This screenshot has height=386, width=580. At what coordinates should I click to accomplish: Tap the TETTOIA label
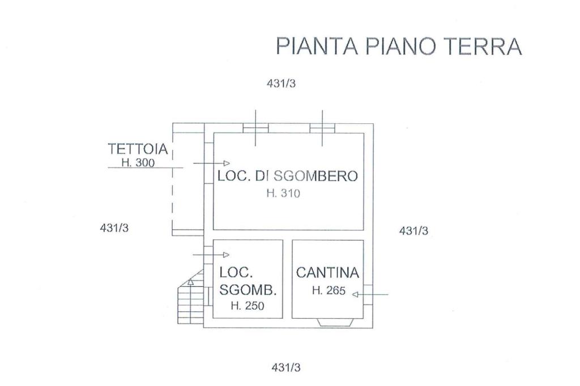[138, 149]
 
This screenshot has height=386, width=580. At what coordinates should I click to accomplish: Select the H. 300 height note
[138, 163]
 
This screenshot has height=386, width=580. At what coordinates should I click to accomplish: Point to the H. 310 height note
[282, 193]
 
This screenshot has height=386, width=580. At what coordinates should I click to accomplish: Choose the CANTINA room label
[327, 273]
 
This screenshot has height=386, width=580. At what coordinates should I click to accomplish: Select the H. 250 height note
[248, 306]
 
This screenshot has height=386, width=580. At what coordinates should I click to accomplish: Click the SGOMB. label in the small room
[248, 290]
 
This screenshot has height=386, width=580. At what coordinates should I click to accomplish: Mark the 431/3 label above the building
[281, 83]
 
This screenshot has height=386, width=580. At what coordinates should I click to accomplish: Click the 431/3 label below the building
[287, 367]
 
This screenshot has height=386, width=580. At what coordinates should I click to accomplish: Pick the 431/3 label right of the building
[413, 230]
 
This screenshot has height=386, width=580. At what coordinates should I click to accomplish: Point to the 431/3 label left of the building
[114, 228]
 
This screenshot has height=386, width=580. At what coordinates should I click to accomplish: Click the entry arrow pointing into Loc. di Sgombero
[211, 163]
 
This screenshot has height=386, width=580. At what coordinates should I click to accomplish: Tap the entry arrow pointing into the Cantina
[370, 294]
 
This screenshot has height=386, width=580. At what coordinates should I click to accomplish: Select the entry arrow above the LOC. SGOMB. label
[211, 255]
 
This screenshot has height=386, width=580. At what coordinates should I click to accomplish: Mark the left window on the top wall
[255, 128]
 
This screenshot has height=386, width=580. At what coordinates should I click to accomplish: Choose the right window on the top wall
[322, 128]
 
